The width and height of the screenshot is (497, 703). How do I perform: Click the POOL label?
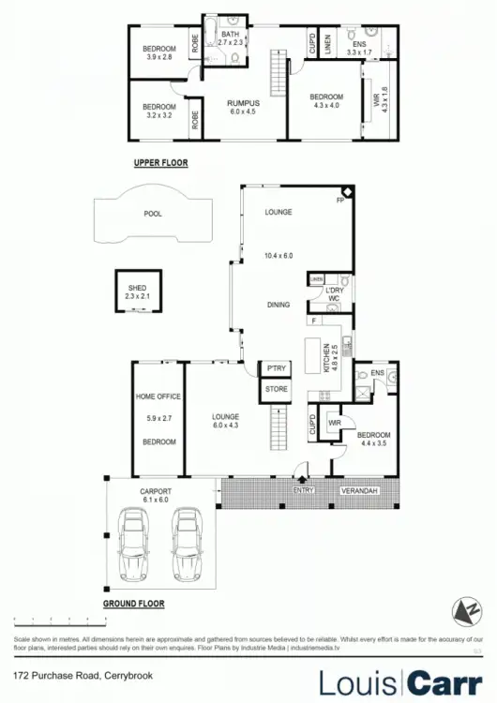pyautogui.click(x=153, y=214)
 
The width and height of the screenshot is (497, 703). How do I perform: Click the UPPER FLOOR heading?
pyautogui.click(x=160, y=163)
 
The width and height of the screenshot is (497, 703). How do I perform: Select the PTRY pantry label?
pyautogui.click(x=276, y=368)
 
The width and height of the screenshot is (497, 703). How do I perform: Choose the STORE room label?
pyautogui.click(x=276, y=387)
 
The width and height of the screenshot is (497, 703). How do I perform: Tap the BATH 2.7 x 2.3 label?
pyautogui.click(x=231, y=38)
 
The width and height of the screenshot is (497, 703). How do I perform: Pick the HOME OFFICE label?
pyautogui.click(x=157, y=396)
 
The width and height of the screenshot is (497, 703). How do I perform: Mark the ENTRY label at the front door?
pyautogui.click(x=303, y=489)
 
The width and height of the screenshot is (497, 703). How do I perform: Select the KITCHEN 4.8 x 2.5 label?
pyautogui.click(x=329, y=359)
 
